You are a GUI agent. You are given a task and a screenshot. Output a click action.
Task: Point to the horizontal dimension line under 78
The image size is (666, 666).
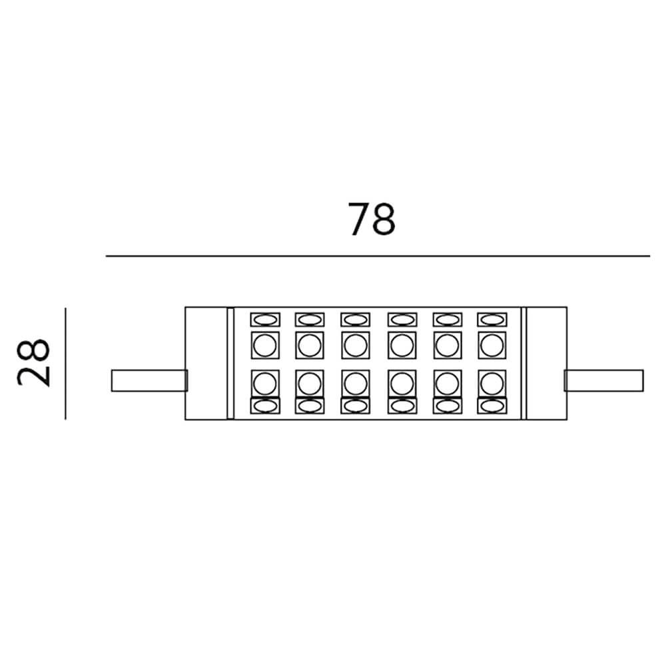coord(378,256)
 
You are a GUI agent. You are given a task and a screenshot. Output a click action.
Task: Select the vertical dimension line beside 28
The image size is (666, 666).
coord(65,364)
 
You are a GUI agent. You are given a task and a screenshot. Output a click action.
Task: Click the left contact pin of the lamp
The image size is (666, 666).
coord(148,380)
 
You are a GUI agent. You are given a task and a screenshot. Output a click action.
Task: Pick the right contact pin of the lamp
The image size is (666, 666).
coord(604,380)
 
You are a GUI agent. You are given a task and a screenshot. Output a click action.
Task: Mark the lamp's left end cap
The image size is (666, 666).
coord(206,364)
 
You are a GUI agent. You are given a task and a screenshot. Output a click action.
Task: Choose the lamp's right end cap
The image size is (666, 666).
coord(546,364)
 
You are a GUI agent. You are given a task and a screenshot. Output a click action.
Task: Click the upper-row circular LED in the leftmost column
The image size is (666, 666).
coord(264,345)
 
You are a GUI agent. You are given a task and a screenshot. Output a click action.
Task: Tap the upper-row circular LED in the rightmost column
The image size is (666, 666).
coord(491,345)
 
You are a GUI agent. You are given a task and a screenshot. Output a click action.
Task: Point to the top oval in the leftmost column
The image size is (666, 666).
coord(264,320)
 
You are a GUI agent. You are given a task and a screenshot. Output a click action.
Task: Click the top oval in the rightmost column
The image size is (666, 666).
coord(491,320)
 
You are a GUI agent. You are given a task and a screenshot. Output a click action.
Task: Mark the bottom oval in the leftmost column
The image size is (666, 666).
coord(264,406)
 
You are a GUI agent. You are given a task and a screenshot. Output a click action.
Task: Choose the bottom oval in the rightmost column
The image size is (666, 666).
coord(491,406)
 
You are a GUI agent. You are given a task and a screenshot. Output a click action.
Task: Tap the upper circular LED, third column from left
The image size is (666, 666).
coord(355,345)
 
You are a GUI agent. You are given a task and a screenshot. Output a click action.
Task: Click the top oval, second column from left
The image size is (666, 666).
coord(309,320)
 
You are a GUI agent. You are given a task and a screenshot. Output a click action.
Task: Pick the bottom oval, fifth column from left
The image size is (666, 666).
coord(446,406)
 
